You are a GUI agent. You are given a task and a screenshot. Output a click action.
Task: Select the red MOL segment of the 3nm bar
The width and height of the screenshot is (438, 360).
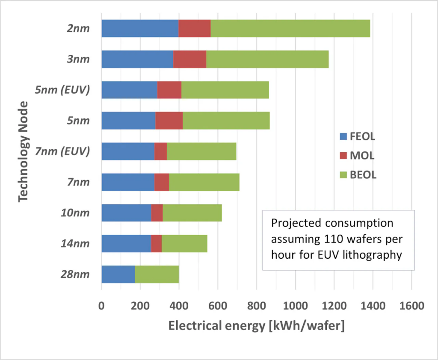[190, 59]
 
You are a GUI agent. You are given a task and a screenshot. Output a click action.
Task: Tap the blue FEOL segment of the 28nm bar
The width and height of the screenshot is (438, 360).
[118, 274]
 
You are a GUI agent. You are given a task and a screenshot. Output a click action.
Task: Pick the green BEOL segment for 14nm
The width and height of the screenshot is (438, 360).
[184, 243]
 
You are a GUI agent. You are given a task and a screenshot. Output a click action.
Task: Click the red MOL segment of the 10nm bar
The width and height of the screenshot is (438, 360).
[157, 212]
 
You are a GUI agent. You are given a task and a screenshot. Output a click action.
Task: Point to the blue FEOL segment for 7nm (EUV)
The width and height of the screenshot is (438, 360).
[128, 151]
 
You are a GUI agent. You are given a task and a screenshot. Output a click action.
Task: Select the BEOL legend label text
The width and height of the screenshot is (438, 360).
[363, 174]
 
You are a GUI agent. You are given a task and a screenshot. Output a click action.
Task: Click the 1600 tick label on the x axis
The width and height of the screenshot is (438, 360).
[411, 306]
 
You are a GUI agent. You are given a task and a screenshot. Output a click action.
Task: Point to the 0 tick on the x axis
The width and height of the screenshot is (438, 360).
[101, 306]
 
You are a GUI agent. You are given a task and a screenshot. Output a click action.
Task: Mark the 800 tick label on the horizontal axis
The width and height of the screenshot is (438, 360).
[256, 306]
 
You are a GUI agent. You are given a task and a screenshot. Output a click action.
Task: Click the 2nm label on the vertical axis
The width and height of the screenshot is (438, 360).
[79, 29]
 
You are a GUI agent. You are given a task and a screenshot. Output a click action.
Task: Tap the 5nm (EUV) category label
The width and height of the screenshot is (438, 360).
[63, 90]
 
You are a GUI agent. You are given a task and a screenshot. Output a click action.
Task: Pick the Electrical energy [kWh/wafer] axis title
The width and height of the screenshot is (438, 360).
[256, 326]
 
